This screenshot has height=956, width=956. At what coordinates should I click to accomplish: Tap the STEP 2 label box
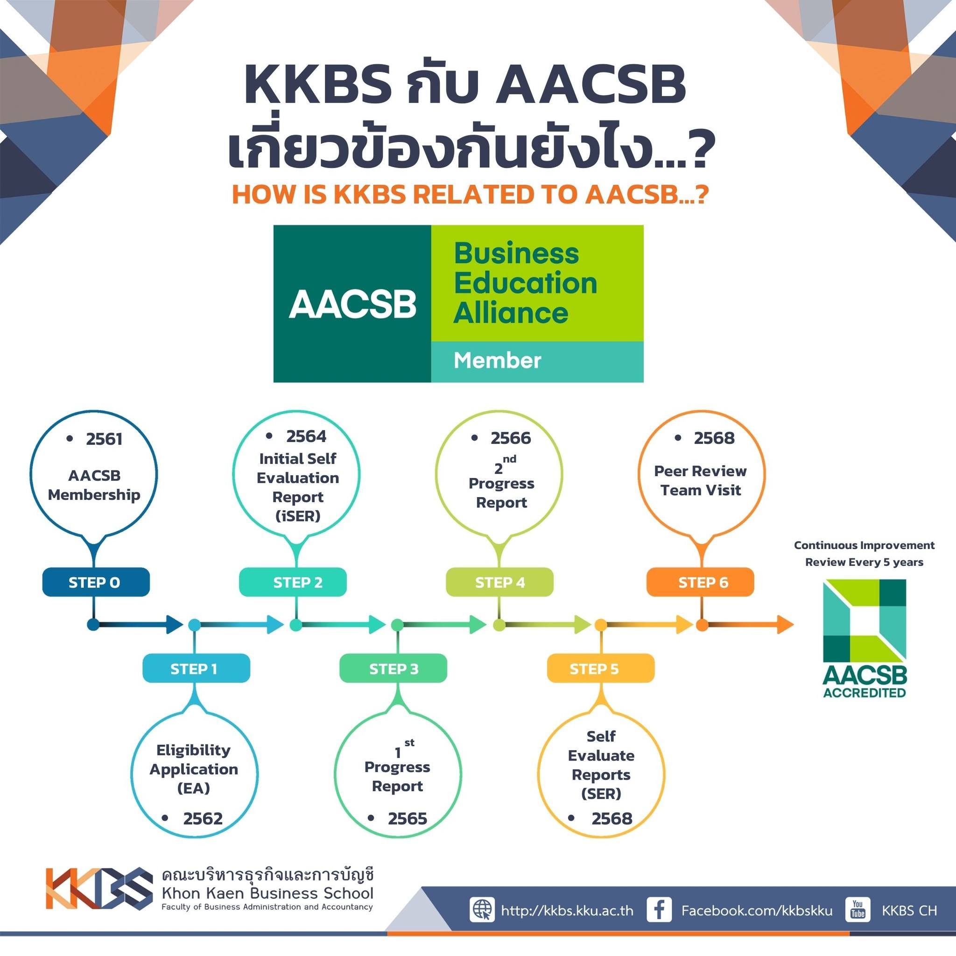click(293, 582)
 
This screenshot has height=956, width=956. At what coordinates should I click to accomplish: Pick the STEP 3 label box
click(394, 668)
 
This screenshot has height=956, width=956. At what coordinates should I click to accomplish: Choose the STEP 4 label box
click(500, 582)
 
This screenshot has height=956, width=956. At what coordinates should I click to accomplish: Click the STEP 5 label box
click(601, 668)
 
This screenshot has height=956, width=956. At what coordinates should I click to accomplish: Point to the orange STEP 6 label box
click(701, 582)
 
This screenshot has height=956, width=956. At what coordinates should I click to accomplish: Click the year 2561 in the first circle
click(104, 439)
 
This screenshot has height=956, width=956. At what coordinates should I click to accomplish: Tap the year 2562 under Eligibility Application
click(203, 818)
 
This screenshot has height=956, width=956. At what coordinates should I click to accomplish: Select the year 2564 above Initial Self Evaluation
click(306, 436)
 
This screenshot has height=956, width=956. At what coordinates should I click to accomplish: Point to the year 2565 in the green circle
click(407, 818)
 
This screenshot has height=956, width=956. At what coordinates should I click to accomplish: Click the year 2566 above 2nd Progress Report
click(511, 438)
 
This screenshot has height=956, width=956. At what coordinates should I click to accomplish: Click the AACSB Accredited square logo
click(865, 638)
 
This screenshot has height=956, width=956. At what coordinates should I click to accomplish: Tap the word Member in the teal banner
click(497, 360)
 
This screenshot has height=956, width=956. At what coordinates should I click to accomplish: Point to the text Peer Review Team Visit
click(700, 480)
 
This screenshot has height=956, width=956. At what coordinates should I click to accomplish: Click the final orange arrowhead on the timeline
click(785, 625)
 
